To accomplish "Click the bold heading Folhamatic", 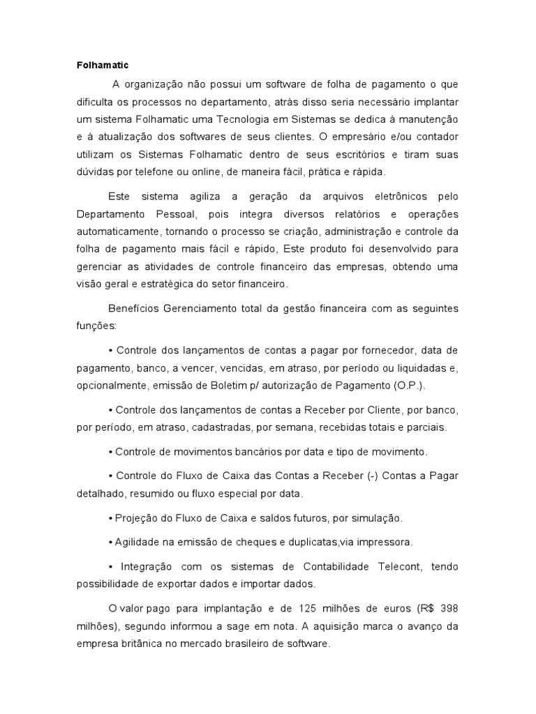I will click(x=103, y=66).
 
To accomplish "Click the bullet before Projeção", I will click(x=112, y=519).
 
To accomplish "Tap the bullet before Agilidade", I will click(x=112, y=541).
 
